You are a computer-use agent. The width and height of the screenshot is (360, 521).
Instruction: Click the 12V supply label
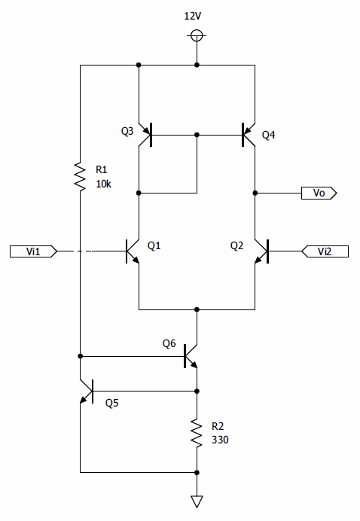pos(193,16)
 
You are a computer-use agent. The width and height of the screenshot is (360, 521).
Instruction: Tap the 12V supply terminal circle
pos(197,35)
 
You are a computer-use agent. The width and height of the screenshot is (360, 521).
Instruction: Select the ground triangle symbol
pos(197,501)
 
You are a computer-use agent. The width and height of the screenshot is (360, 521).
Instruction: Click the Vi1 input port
pos(33,251)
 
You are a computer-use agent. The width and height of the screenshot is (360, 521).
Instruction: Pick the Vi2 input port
pos(325,251)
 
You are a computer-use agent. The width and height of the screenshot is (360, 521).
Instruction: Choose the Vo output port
pos(319,193)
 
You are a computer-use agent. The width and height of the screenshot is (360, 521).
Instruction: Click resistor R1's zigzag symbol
pos(80,176)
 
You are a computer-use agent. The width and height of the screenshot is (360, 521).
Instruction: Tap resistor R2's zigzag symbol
pos(197,433)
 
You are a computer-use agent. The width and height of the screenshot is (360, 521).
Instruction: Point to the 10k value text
pos(104,184)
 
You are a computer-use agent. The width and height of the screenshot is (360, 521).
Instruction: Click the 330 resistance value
pos(220,440)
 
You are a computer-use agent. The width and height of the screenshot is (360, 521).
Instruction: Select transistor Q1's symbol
pos(133,251)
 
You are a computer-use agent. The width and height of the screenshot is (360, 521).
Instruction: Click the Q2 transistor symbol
pos(261,251)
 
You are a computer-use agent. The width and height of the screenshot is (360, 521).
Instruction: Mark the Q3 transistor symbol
pos(145,135)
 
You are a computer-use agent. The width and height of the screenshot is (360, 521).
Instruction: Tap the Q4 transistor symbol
pos(249,135)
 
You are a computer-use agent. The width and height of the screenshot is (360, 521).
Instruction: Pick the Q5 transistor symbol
pos(87,391)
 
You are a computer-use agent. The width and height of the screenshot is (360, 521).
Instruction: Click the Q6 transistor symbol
pos(191,356)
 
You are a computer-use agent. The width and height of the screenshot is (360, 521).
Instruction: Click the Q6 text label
pos(169,343)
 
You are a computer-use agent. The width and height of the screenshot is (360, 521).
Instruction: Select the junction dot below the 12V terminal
pos(197,65)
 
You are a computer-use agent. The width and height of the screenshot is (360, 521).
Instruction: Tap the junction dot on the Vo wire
pos(255,193)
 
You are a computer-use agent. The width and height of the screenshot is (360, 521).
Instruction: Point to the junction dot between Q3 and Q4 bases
pos(197,135)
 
